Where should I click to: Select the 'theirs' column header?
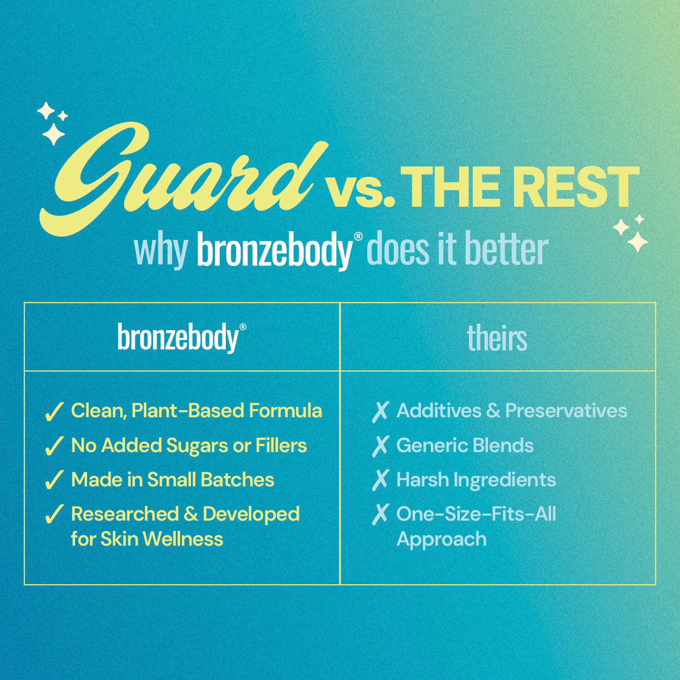pos(497,337)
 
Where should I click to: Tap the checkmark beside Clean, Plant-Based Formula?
pos(54,412)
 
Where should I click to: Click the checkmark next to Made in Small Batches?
pos(54,480)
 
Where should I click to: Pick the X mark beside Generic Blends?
pos(380,446)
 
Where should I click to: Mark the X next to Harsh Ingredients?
pos(380,480)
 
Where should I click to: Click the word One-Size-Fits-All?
pos(476,514)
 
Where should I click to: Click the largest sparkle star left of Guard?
pos(53,134)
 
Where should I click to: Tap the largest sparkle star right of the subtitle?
pos(638,242)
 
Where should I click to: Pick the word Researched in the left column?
pos(125,514)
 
